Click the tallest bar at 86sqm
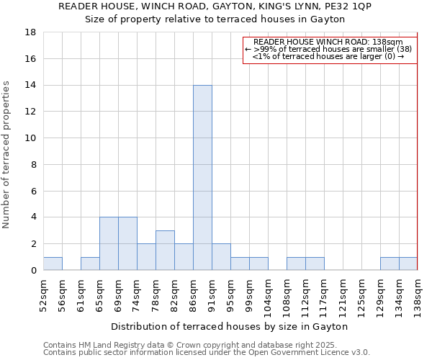coord(202,178)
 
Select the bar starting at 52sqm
coord(53,264)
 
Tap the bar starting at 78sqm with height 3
coord(165,250)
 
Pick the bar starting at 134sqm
coord(408,264)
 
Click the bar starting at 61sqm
coord(90,264)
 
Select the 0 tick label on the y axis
coord(34,271)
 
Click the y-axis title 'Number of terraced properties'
coord(7,155)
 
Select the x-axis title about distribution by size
coord(230,327)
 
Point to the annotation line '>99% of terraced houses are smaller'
coord(328,49)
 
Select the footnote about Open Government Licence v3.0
coord(207,352)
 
